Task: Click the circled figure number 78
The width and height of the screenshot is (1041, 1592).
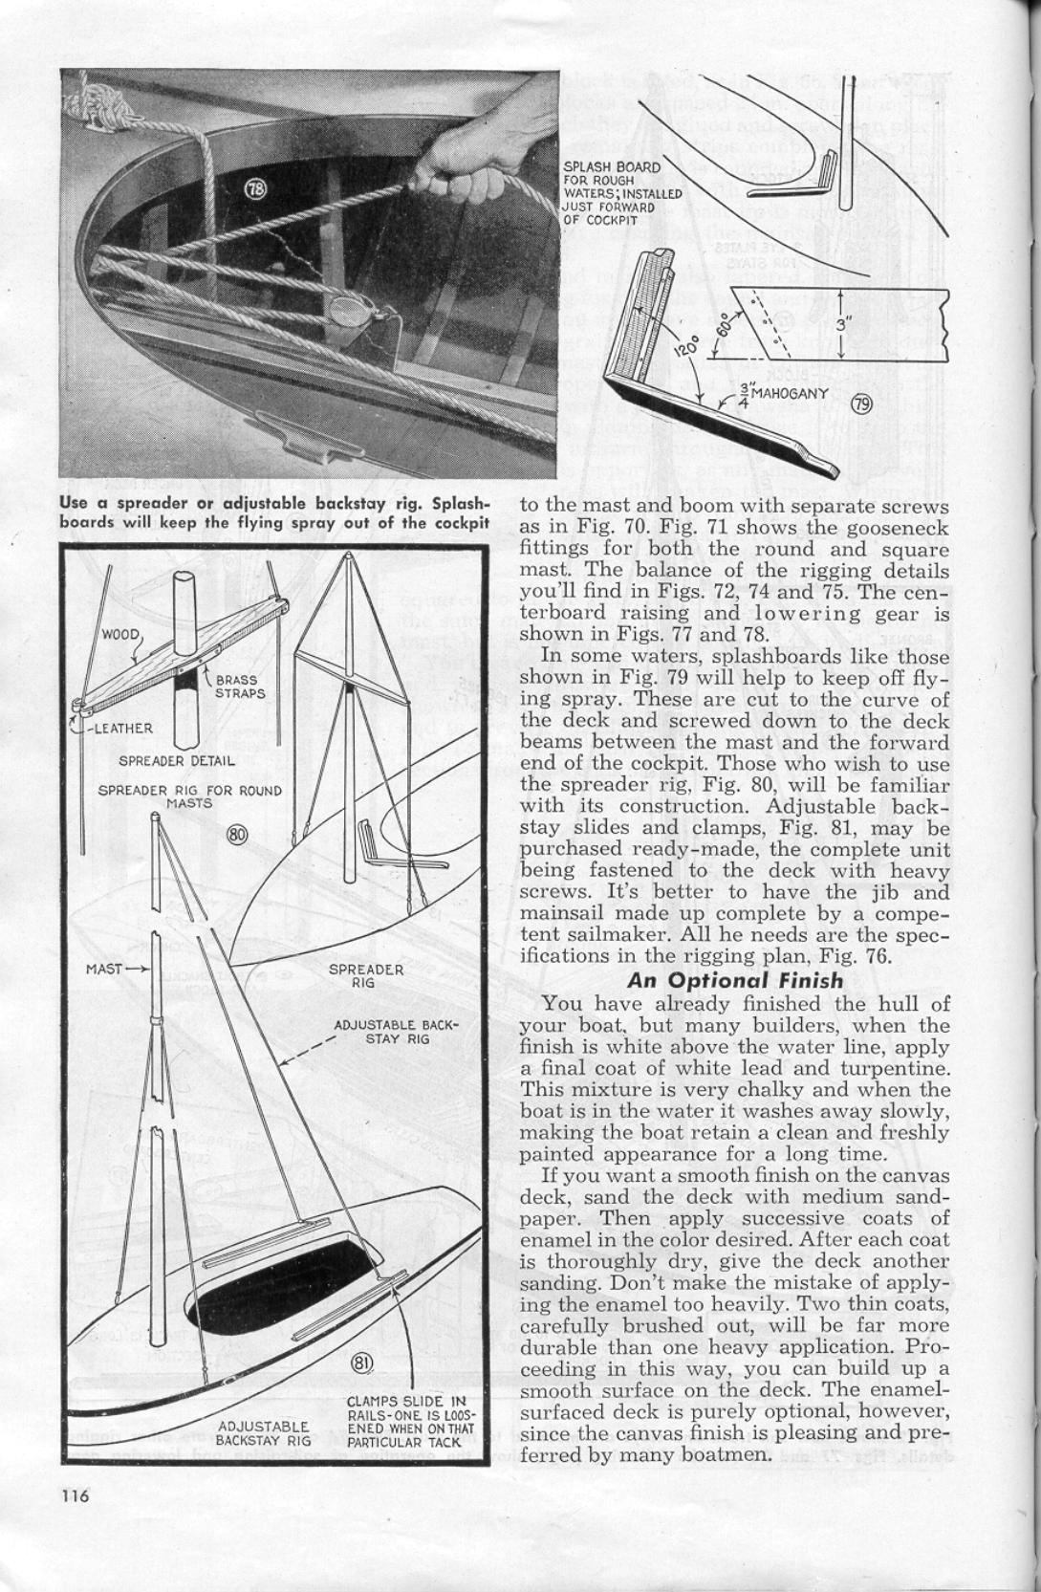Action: click(x=255, y=189)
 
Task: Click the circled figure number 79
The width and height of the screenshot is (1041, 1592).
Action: click(x=861, y=404)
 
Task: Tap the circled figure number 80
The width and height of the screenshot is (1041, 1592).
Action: click(x=236, y=835)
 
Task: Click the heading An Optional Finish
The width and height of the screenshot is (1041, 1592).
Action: click(x=735, y=980)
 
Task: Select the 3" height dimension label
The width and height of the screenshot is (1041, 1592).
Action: click(x=842, y=324)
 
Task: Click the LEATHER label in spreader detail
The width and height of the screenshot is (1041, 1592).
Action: click(x=122, y=728)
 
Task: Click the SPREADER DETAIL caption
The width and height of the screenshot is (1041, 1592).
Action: click(x=177, y=761)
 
